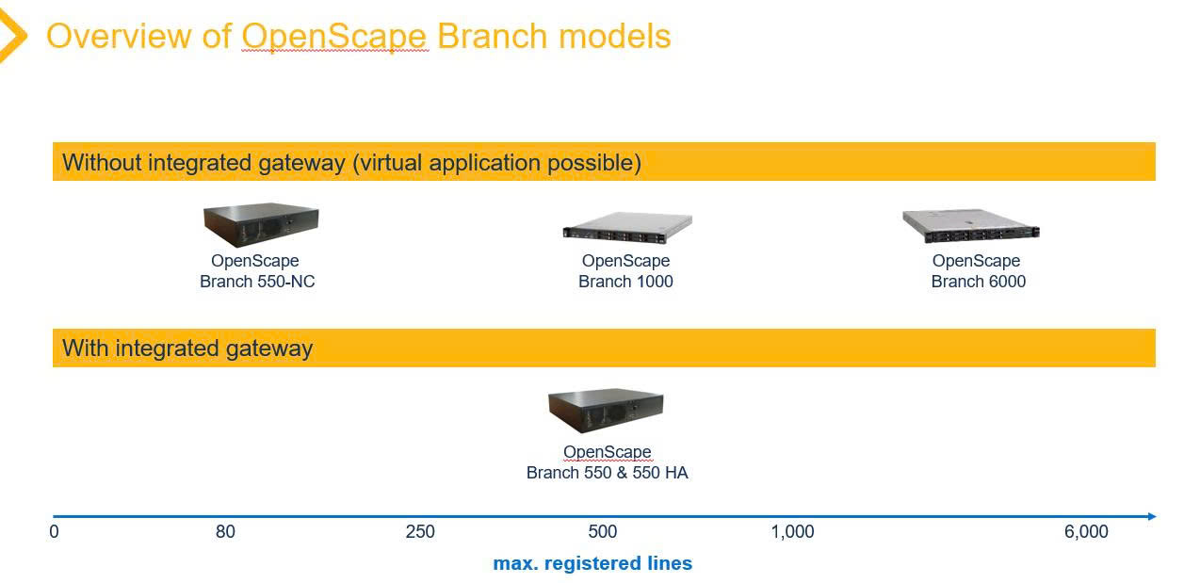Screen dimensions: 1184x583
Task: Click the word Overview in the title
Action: click(x=118, y=36)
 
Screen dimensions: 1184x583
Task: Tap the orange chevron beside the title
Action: click(x=12, y=35)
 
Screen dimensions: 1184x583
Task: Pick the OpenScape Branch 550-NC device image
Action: click(x=261, y=225)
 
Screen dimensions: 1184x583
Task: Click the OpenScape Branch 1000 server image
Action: click(x=627, y=228)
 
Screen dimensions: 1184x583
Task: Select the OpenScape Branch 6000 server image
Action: click(x=971, y=226)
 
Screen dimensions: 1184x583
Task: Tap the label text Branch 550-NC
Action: click(x=257, y=282)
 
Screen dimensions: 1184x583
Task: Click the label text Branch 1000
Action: click(x=625, y=282)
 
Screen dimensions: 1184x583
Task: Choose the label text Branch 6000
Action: click(x=979, y=282)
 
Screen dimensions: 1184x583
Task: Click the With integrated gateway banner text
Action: click(x=187, y=348)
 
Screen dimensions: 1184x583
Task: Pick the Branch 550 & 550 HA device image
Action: click(x=606, y=411)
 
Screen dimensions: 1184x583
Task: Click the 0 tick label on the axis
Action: click(x=54, y=531)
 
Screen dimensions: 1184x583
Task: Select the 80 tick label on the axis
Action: click(x=225, y=531)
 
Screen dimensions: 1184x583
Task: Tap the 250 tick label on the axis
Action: click(x=420, y=531)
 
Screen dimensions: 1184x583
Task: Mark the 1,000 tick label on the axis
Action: click(x=792, y=531)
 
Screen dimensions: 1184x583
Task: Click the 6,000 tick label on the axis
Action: click(x=1086, y=531)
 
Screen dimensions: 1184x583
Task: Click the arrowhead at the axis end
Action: click(x=1152, y=516)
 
